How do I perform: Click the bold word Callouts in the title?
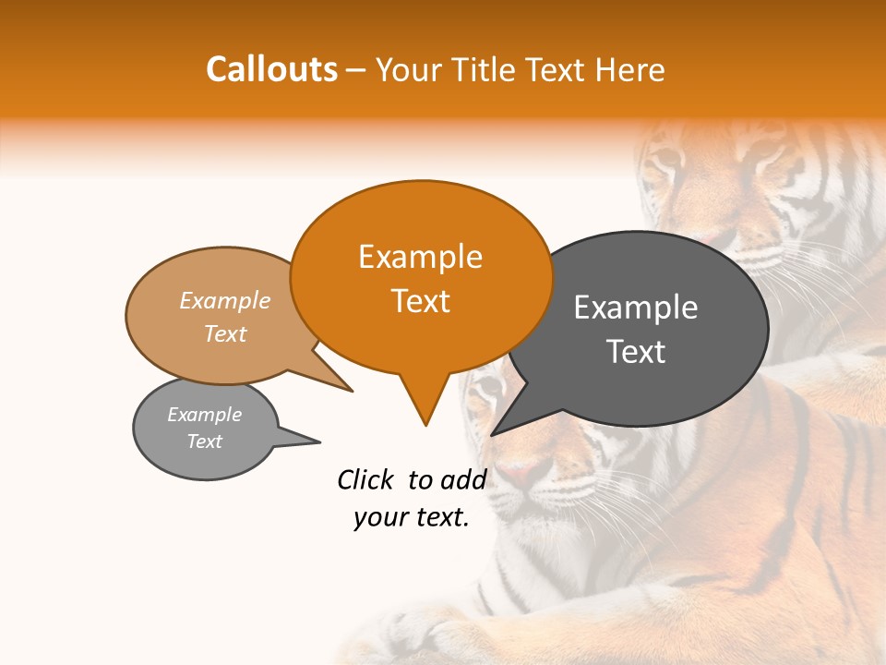coord(271,69)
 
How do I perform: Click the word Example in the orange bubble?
coord(421,257)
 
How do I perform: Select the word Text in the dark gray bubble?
coord(636,352)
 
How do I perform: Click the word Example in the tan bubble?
coord(225,300)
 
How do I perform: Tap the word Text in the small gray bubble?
coord(205,441)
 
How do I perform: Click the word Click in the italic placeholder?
coord(366,479)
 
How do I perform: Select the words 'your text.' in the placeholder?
coord(412,518)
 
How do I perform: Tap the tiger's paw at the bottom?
coord(425,637)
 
